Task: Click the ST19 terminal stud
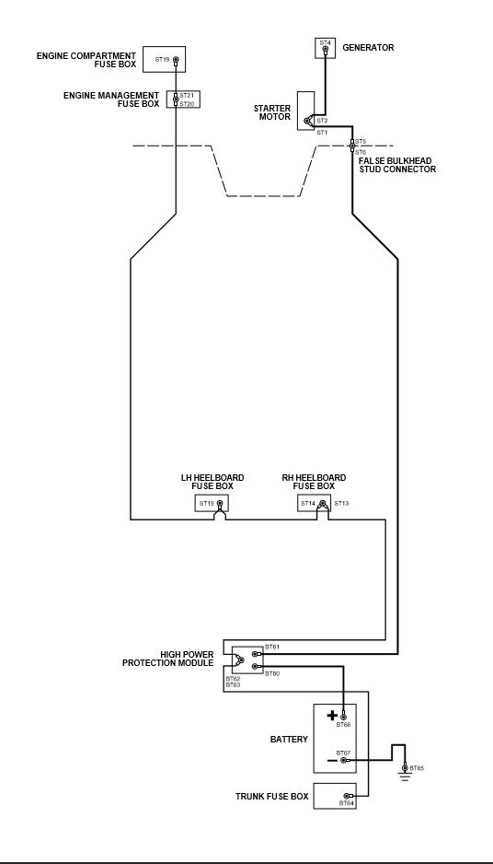pos(176,59)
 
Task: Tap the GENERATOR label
pos(368,48)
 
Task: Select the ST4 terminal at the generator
pos(326,50)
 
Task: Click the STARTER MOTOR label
pos(272,113)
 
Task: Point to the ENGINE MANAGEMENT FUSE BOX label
pos(111,99)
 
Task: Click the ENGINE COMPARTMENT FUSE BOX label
pos(86,60)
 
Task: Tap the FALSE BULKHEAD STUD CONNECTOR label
pos(397,165)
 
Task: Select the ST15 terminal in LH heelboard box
pos(220,503)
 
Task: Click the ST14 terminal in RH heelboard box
pos(323,503)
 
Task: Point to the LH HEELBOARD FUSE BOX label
pos(212,482)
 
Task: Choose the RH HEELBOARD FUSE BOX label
pos(314,482)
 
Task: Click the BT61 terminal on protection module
pos(255,654)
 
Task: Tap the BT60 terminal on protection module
pos(255,667)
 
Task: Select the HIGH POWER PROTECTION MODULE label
pos(167,659)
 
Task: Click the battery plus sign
pos(332,715)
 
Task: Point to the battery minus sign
pos(332,761)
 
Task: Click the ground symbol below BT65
pos(405,776)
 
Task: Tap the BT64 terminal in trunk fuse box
pos(347,796)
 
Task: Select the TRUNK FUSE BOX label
pos(272,797)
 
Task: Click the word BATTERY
pos(289,740)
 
